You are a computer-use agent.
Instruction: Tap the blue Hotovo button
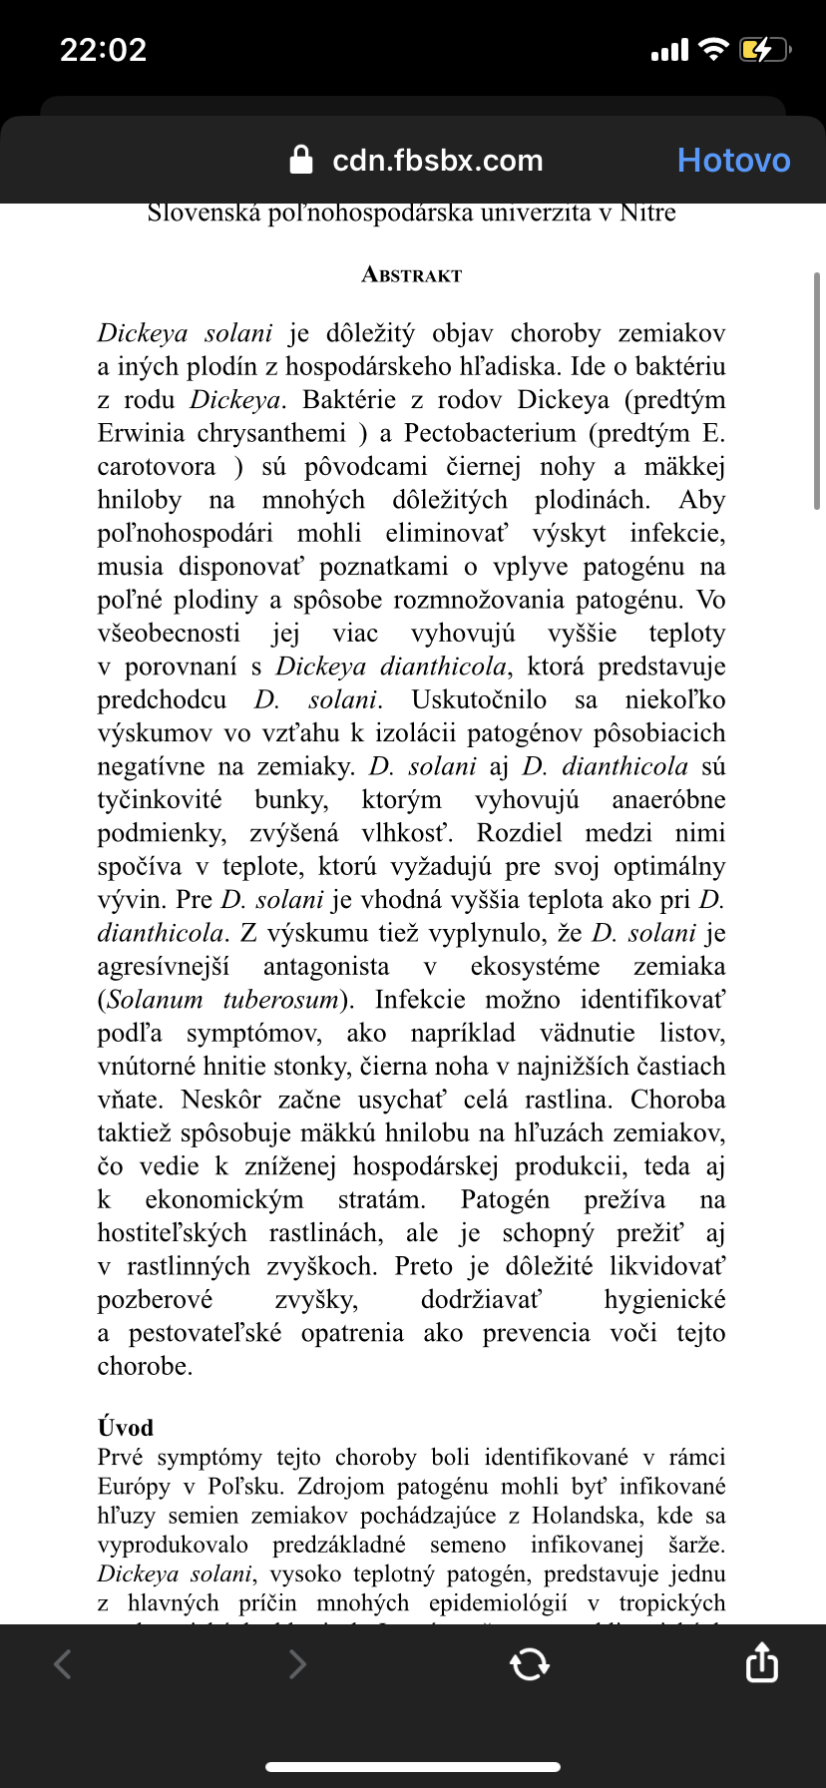tap(733, 161)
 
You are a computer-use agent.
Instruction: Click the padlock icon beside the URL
tap(301, 160)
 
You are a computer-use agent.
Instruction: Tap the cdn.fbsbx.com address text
tap(437, 161)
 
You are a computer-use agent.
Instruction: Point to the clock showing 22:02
tap(103, 50)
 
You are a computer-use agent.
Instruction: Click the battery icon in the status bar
tap(763, 50)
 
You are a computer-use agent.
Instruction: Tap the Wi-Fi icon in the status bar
tap(714, 49)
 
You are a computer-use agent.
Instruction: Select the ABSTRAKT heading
tap(412, 275)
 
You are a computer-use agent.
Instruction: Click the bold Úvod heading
tap(126, 1428)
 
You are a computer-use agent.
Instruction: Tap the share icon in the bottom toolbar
tap(761, 1663)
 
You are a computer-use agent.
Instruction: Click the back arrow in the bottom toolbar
tap(63, 1663)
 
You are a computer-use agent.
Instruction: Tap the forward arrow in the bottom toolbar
tap(296, 1663)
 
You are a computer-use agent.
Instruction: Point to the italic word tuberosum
tap(281, 1000)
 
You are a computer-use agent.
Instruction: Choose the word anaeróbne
tap(668, 800)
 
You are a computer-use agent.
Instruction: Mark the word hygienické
tap(664, 1300)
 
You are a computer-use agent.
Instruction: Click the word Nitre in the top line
tap(647, 213)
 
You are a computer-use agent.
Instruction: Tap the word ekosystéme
tap(535, 967)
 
